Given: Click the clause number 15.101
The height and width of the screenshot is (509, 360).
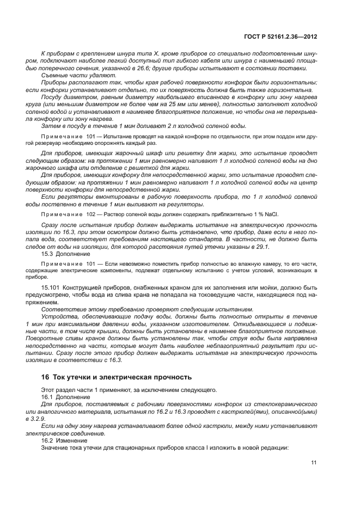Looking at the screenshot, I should [x=51, y=287].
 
